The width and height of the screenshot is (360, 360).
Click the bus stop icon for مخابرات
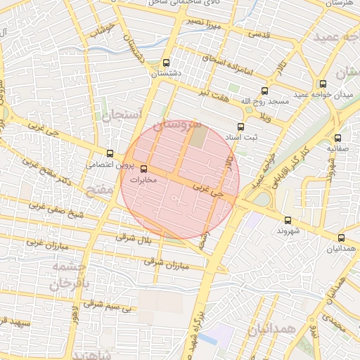click(x=144, y=169)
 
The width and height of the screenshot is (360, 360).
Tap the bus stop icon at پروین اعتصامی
click(x=110, y=153)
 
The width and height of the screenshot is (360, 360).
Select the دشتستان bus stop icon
click(x=166, y=62)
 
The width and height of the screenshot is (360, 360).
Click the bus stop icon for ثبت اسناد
click(x=241, y=127)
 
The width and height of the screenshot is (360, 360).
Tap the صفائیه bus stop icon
click(x=338, y=138)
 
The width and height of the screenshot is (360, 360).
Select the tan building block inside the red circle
click(x=200, y=136)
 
